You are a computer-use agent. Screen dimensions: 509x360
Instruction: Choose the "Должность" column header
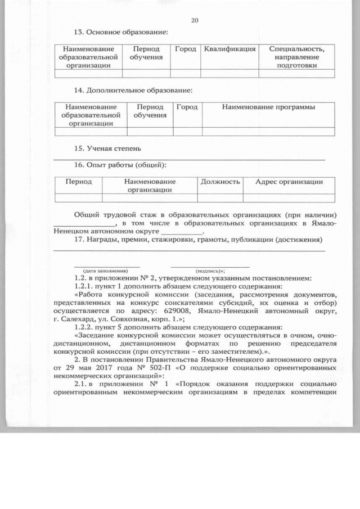[x=220, y=182]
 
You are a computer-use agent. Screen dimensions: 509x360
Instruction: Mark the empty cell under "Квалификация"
[x=229, y=73]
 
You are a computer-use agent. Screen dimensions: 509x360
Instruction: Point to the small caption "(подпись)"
[x=210, y=270]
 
